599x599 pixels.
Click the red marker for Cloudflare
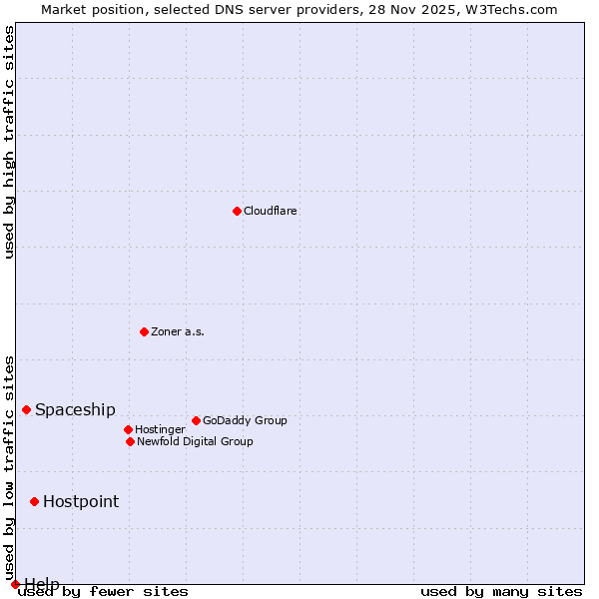[x=237, y=211]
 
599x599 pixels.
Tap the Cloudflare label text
[x=271, y=211]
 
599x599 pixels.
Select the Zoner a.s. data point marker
[x=144, y=331]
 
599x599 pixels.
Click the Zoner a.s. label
[x=178, y=331]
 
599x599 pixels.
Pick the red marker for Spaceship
[x=26, y=409]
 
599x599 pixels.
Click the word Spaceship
[x=75, y=410]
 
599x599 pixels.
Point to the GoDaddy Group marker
[x=196, y=420]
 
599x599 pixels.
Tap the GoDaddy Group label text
[x=245, y=420]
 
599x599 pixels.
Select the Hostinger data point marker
[x=128, y=429]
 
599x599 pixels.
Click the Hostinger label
[x=160, y=429]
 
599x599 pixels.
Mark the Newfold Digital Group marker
[x=130, y=441]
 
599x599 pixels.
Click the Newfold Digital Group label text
[x=195, y=441]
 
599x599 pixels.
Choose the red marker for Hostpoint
[x=34, y=501]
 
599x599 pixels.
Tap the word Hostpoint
[x=81, y=502]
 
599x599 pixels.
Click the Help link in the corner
[x=41, y=583]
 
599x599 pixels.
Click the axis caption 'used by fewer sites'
[x=104, y=592]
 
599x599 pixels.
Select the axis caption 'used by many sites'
[x=501, y=592]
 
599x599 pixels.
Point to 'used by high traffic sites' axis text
[x=9, y=142]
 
